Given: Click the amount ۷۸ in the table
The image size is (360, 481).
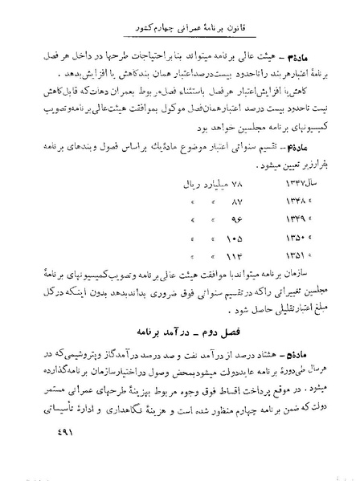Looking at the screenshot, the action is tap(191, 184).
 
